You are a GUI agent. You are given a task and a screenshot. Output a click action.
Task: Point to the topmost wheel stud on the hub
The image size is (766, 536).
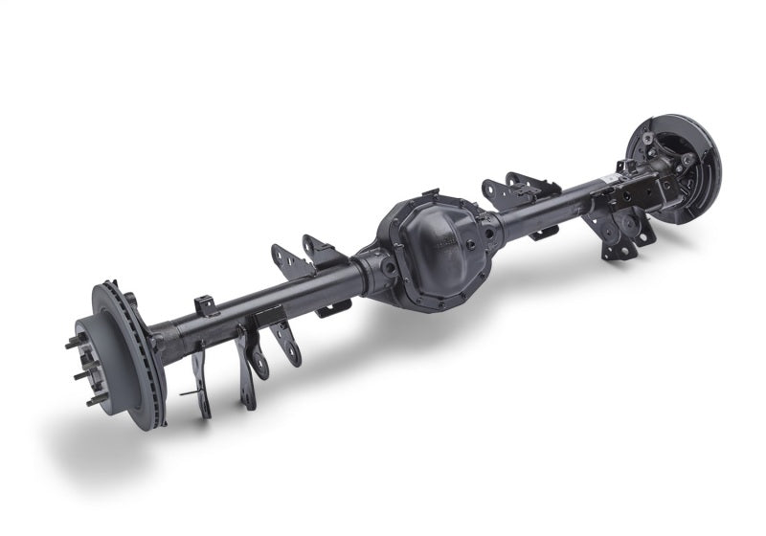tap(96, 288)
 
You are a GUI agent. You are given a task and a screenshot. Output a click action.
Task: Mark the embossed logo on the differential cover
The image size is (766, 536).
tap(441, 234)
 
